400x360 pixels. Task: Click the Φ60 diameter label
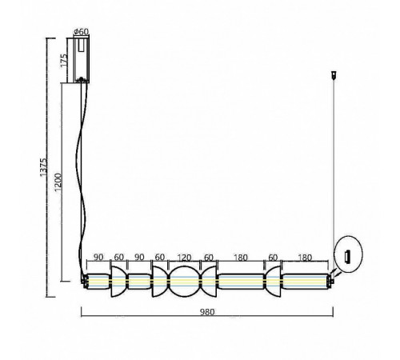81,32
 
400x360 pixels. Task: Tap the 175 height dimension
64,61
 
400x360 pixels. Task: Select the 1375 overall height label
43,167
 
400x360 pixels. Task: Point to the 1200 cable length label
58,182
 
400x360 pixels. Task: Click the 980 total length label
207,312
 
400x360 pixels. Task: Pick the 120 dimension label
184,258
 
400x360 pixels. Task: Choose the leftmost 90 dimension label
98,258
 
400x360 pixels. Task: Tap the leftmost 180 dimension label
241,258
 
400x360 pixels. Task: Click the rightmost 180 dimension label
305,258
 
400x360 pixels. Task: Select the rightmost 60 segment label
273,258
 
